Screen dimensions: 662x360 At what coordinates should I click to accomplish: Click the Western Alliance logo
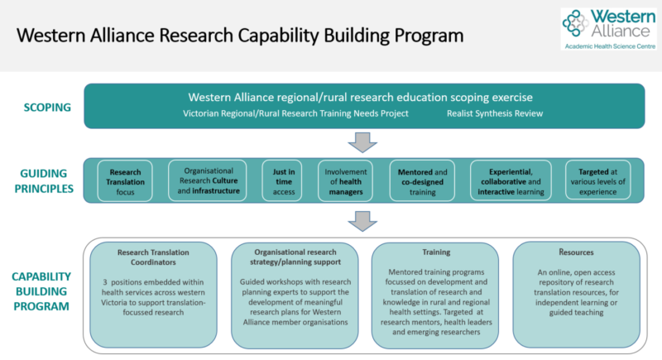point(609,29)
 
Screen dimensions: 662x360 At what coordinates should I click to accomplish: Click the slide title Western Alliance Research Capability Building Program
point(240,36)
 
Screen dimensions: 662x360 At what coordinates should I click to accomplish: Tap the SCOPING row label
point(47,108)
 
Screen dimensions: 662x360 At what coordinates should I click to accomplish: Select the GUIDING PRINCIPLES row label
point(44,181)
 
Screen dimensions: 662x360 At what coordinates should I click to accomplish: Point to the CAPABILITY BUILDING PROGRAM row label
point(41,291)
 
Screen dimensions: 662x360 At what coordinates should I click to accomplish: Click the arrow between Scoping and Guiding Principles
point(362,142)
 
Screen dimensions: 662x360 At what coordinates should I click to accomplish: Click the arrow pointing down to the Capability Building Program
point(362,221)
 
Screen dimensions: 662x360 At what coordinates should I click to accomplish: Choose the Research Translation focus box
point(125,181)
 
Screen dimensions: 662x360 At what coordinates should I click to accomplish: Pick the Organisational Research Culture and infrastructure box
point(208,180)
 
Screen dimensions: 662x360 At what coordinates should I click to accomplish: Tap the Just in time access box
point(282,181)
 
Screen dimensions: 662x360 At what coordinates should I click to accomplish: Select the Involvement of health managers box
point(345,181)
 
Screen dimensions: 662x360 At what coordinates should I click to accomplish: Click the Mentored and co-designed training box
point(422,181)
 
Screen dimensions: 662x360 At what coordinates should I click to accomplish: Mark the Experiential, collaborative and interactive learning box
point(511,181)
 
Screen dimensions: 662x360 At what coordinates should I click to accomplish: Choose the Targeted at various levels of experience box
point(597,180)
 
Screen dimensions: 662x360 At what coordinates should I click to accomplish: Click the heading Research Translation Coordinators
point(153,257)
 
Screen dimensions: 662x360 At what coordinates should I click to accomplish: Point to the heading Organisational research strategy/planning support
point(295,257)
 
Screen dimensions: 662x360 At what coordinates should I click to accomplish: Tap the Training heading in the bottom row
point(436,252)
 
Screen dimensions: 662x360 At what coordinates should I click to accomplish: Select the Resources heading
point(576,252)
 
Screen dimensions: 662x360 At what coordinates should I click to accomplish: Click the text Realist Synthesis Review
point(495,113)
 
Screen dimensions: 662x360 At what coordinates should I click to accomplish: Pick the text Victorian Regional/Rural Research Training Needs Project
point(295,113)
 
